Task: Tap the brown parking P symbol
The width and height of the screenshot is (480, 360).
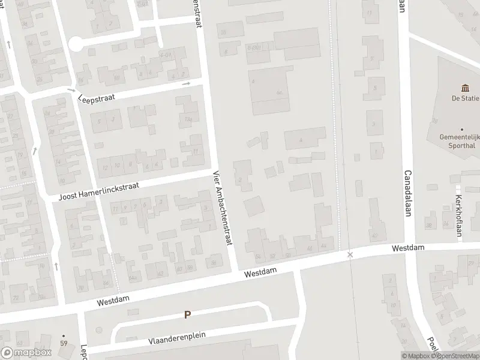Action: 187,314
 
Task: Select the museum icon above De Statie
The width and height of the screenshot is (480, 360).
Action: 464,88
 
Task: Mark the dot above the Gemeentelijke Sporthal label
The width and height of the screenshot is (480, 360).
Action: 462,129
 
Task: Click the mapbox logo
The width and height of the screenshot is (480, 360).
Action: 25,353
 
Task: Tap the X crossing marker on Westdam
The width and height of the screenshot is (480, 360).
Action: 350,255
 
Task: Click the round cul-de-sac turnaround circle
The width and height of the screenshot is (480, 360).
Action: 75,43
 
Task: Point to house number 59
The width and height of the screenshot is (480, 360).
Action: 64,344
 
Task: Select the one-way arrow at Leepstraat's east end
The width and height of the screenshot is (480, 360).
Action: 187,83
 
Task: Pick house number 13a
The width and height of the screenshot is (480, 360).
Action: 188,119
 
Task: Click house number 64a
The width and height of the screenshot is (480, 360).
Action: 132,278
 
